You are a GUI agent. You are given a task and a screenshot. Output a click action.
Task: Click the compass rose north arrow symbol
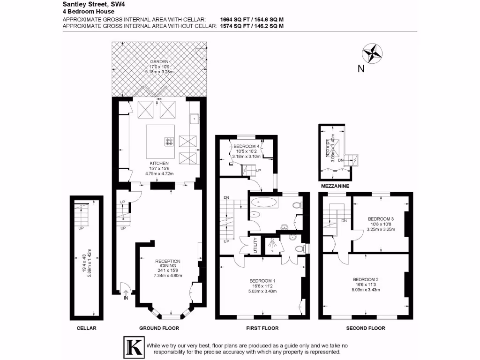(x=373, y=53)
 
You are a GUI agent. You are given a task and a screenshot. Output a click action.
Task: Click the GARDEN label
(x=159, y=62)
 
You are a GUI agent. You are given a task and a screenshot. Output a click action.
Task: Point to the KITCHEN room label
(x=159, y=163)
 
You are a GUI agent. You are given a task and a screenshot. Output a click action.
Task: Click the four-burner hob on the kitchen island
(x=169, y=141)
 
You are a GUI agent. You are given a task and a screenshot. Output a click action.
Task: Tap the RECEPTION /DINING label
(x=168, y=263)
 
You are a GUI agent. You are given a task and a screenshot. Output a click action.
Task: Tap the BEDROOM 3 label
(x=380, y=219)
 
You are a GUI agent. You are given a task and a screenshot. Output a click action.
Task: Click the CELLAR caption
(x=86, y=328)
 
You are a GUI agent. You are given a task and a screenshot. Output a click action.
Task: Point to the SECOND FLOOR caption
(x=366, y=328)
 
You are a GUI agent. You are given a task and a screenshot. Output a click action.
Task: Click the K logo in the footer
(x=133, y=347)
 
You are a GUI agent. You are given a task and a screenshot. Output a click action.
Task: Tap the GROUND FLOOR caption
(x=159, y=328)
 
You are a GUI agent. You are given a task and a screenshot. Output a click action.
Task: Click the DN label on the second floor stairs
(x=344, y=221)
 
